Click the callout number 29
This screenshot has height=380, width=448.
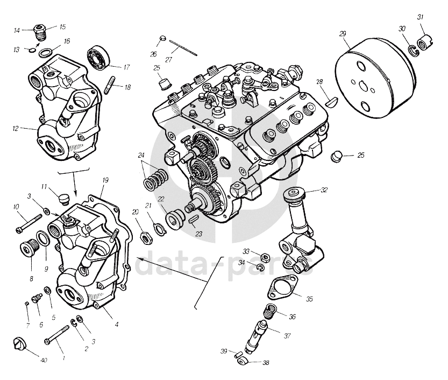coord(343,34)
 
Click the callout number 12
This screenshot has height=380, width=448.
coord(16,128)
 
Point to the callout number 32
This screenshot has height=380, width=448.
coord(324,190)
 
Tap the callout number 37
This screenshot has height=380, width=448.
coord(287,336)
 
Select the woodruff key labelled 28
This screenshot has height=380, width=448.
coord(332,100)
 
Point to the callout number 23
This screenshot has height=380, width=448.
coord(200,234)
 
